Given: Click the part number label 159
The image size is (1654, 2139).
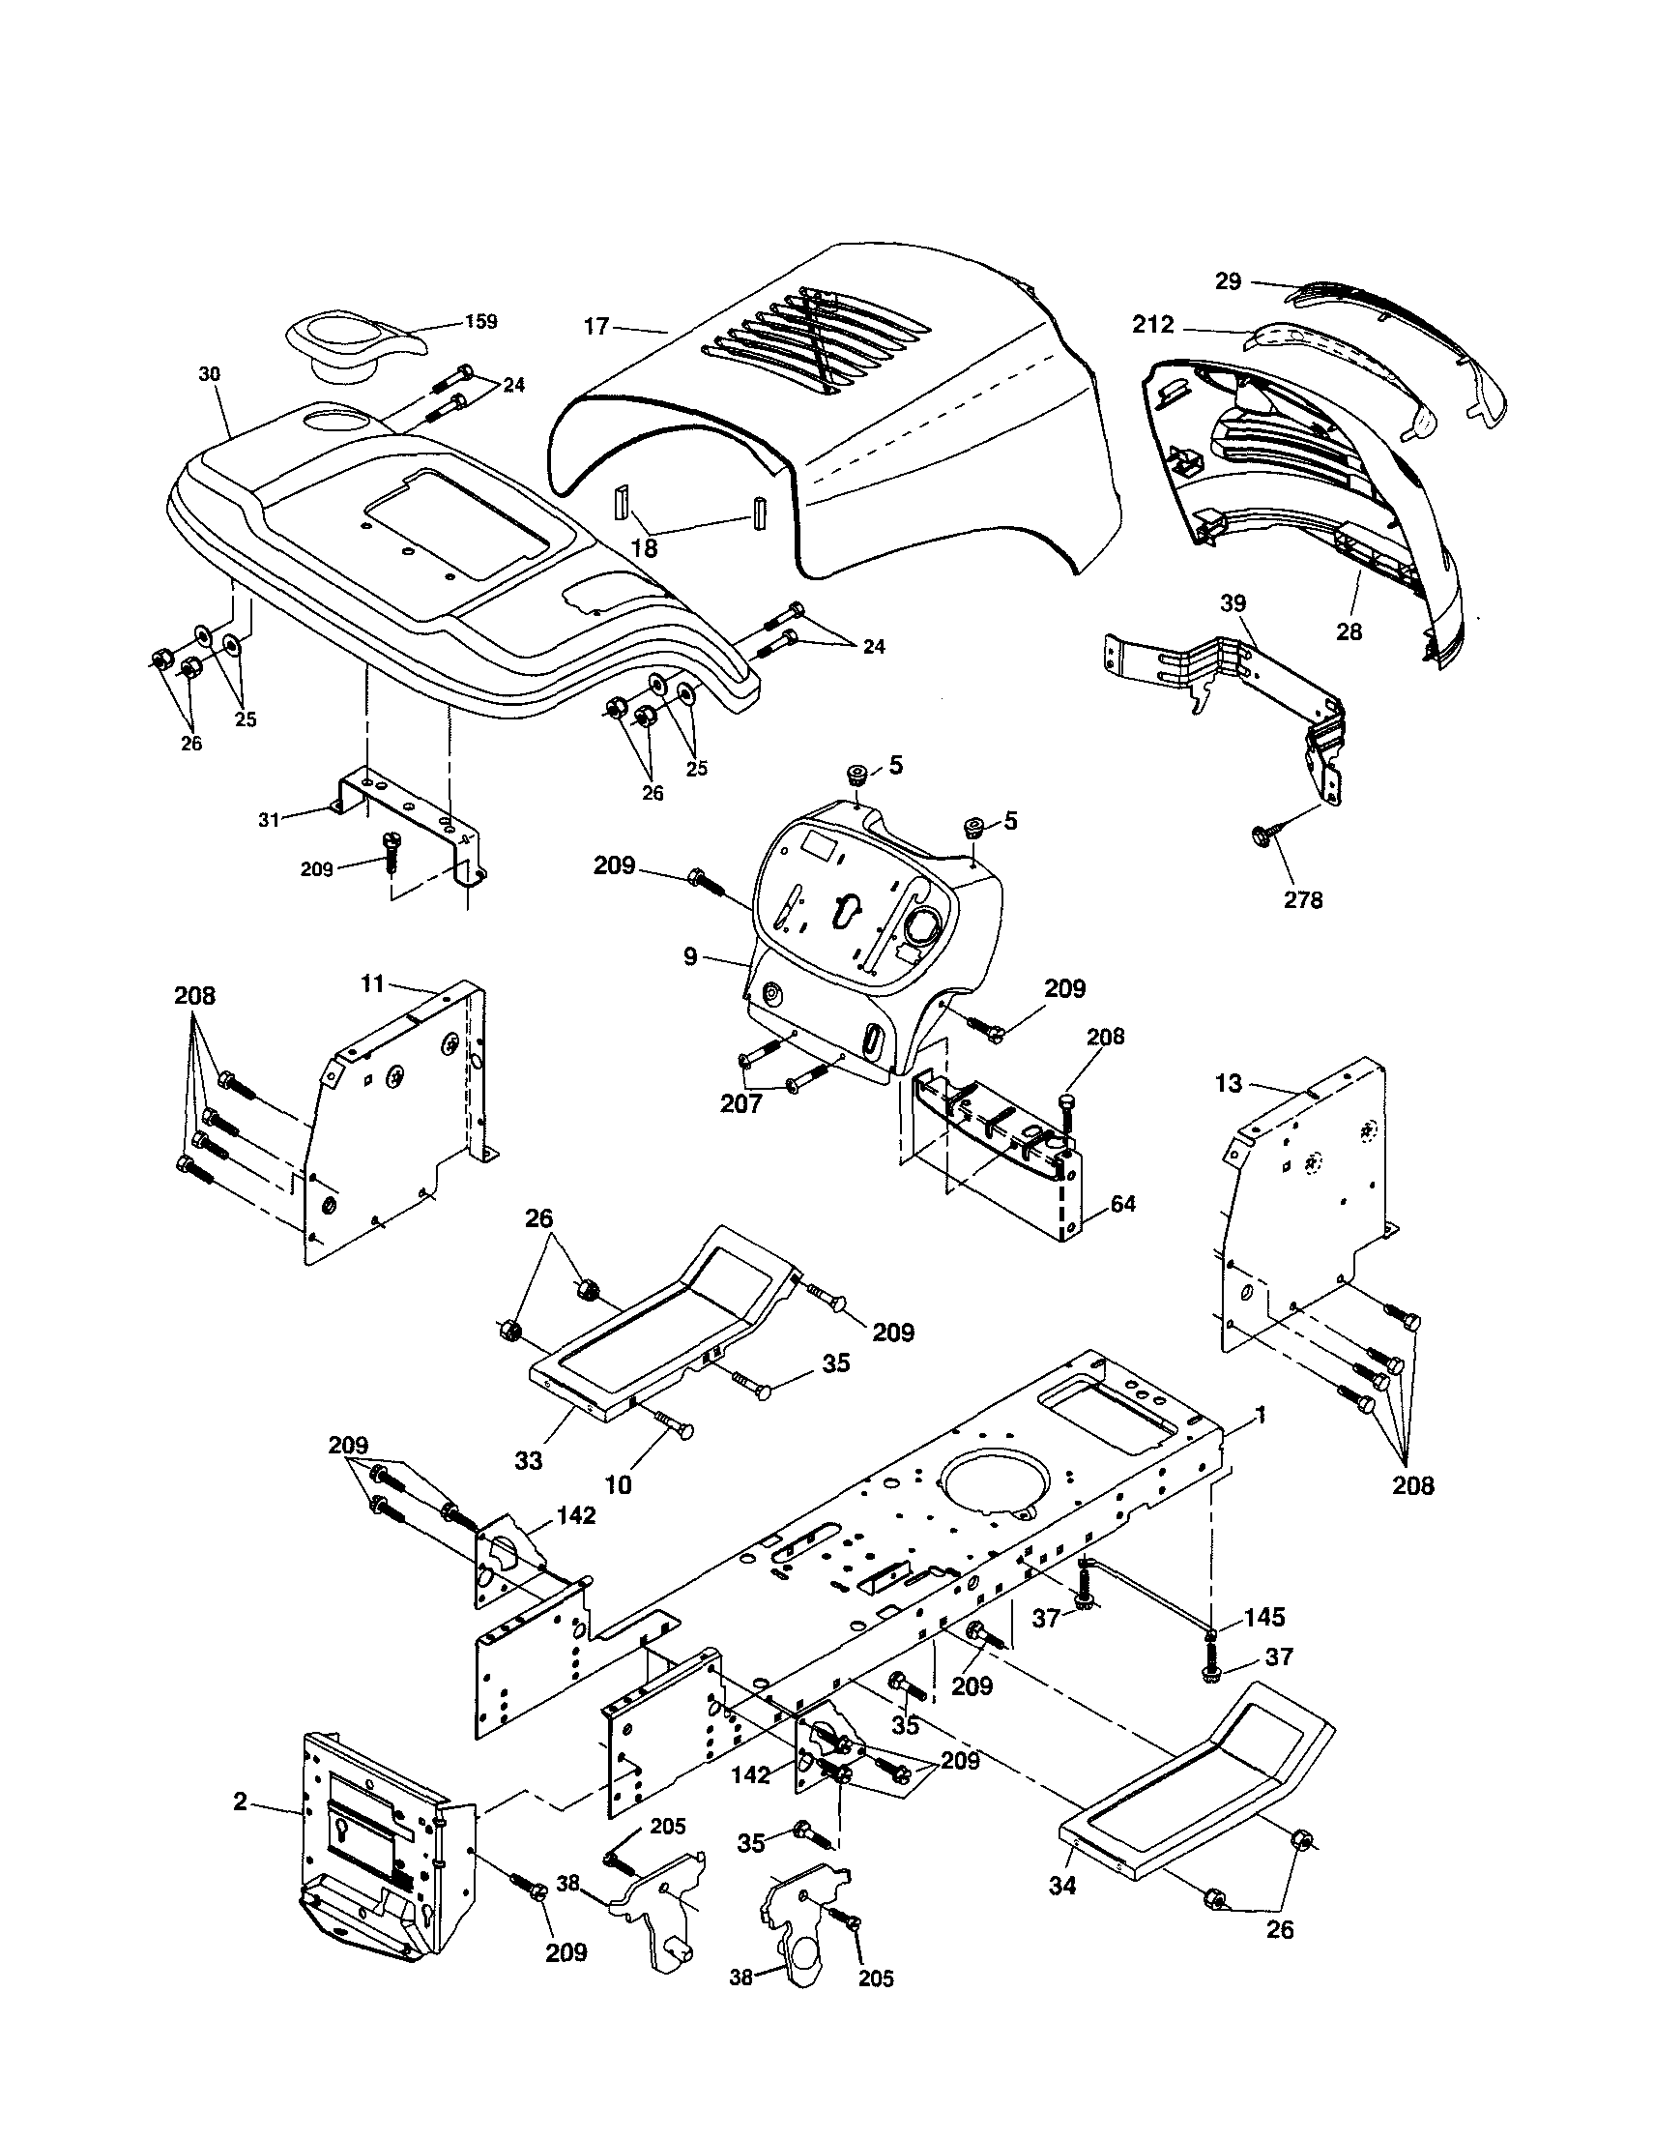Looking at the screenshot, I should [x=481, y=321].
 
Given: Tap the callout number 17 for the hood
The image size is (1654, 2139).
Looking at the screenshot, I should [x=597, y=326].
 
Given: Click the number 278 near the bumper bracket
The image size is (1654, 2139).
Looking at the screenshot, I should [x=1303, y=899].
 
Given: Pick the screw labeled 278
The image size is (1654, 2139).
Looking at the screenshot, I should [x=1262, y=835].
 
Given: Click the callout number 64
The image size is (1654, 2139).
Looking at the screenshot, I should [x=1123, y=1204].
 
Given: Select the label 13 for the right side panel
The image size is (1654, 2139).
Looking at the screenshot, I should [x=1228, y=1083].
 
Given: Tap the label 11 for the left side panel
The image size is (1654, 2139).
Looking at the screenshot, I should [x=372, y=983].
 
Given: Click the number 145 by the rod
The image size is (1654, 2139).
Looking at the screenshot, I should [x=1264, y=1617].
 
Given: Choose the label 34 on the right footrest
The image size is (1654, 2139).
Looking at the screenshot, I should [x=1061, y=1886].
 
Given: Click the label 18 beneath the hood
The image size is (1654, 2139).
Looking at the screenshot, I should [x=645, y=548].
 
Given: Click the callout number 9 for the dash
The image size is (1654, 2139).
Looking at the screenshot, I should [x=690, y=956].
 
